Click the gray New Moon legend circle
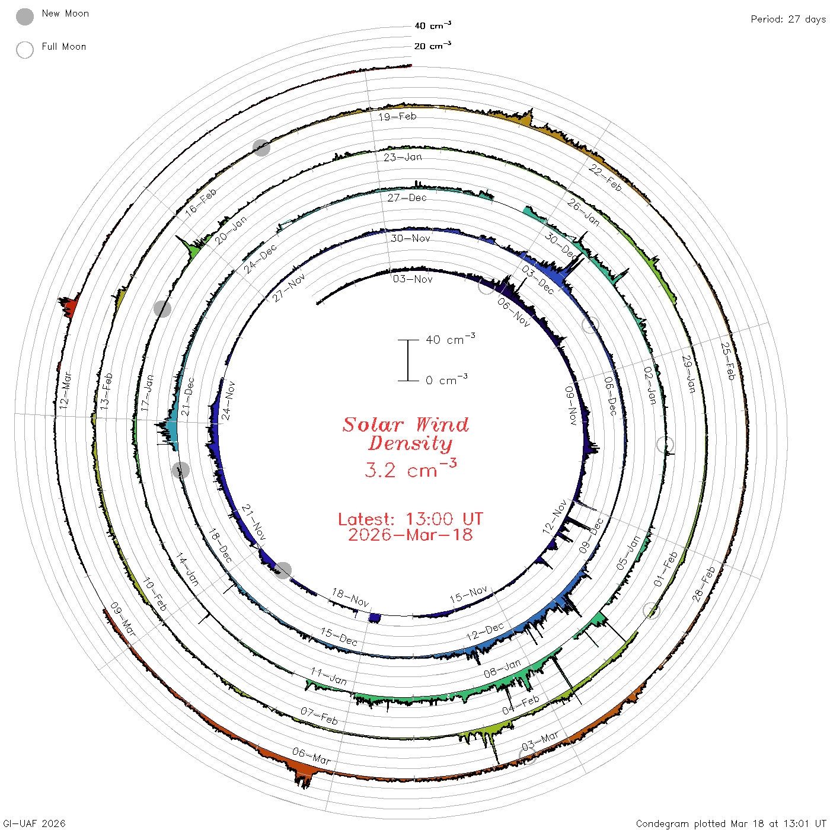coord(24,17)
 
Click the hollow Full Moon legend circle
coord(24,50)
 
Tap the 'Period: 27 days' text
coord(788,20)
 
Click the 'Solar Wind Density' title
coord(406,434)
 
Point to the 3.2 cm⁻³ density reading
coord(410,469)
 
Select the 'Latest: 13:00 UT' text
coord(410,519)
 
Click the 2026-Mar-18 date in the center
coord(410,535)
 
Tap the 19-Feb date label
coord(397,116)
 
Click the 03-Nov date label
coord(412,279)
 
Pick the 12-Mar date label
coord(65,390)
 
